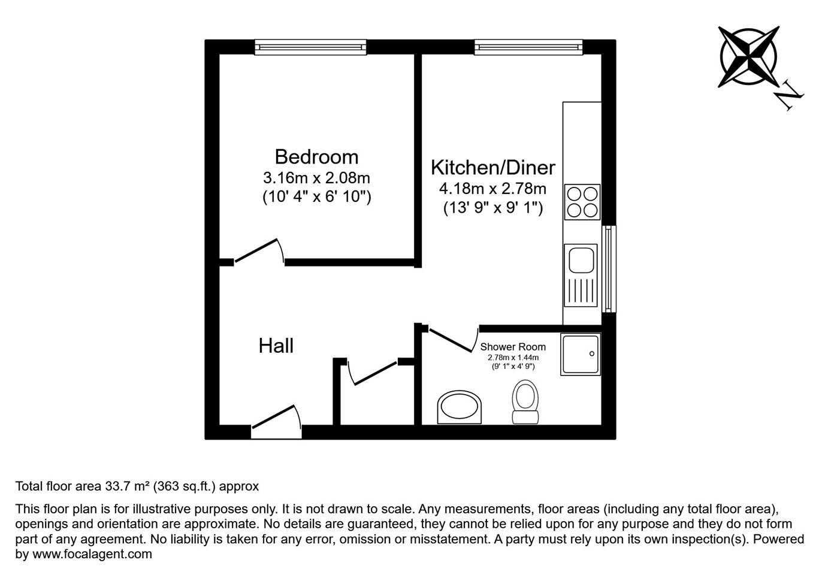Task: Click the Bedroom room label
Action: pyautogui.click(x=316, y=157)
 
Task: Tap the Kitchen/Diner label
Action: pyautogui.click(x=493, y=168)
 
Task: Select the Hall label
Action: pyautogui.click(x=276, y=346)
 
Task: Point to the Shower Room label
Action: pyautogui.click(x=513, y=347)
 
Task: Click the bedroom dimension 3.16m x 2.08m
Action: pyautogui.click(x=316, y=178)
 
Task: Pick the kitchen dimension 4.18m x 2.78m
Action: pyautogui.click(x=493, y=189)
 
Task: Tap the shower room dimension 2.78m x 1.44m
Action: pyautogui.click(x=513, y=358)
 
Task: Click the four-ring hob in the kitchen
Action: pyautogui.click(x=582, y=202)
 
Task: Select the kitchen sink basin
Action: pyautogui.click(x=581, y=260)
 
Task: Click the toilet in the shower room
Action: pyautogui.click(x=525, y=402)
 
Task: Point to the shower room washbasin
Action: pyautogui.click(x=459, y=407)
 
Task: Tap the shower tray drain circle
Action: pyautogui.click(x=591, y=354)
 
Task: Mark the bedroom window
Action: pyautogui.click(x=310, y=47)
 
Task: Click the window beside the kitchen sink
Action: pyautogui.click(x=609, y=269)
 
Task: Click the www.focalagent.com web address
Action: pyautogui.click(x=92, y=553)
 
